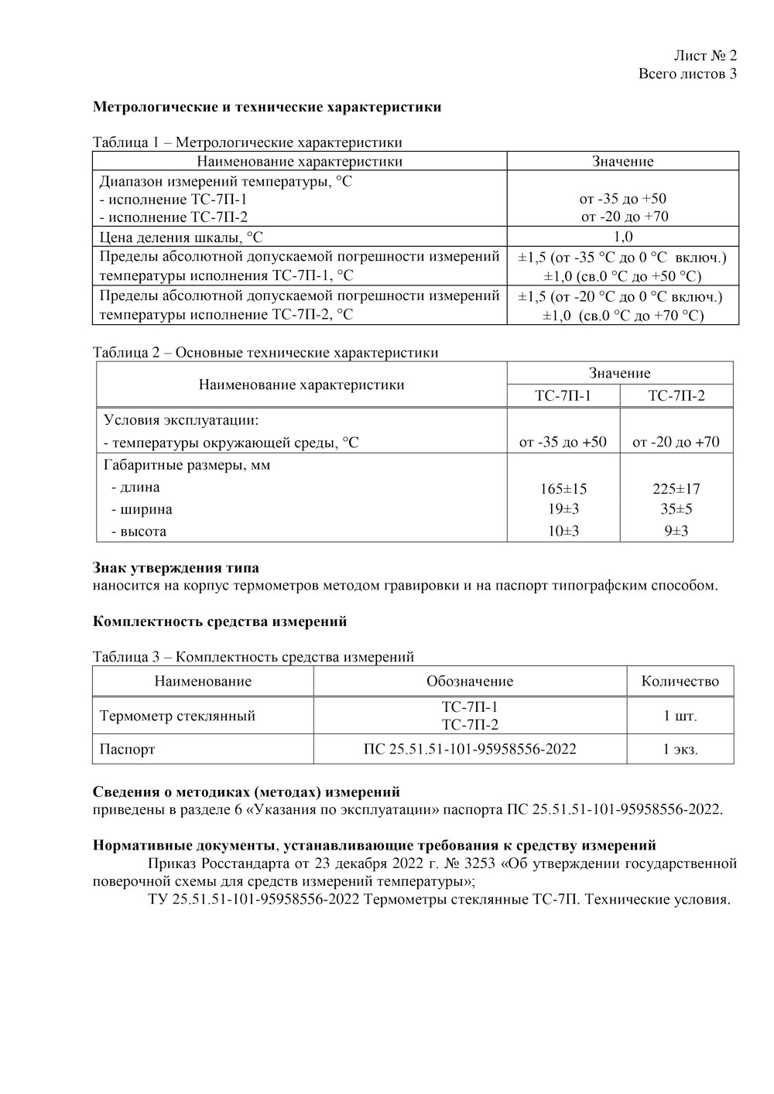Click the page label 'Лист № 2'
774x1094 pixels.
click(704, 55)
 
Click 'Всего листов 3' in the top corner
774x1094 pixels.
click(687, 74)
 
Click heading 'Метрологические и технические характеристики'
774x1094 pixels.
click(267, 107)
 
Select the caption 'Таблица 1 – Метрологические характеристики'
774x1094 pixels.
click(247, 142)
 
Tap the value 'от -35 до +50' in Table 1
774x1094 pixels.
click(622, 199)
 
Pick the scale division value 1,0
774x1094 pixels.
click(622, 237)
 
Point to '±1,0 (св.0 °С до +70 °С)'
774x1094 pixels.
click(622, 315)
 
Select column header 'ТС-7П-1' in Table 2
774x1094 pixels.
click(563, 395)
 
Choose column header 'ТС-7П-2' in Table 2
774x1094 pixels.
click(676, 395)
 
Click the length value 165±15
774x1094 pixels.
click(563, 489)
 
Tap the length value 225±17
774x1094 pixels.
click(676, 489)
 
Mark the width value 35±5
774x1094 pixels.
click(676, 509)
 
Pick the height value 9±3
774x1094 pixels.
click(676, 531)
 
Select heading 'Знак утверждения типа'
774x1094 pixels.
click(176, 569)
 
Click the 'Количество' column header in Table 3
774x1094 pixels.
click(680, 682)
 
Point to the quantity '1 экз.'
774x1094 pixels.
click(680, 749)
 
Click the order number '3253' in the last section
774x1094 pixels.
click(481, 863)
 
